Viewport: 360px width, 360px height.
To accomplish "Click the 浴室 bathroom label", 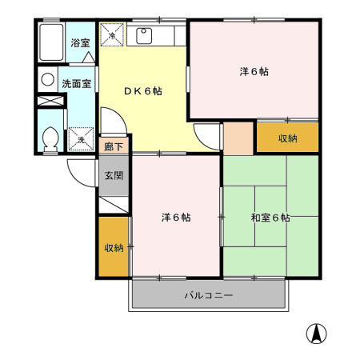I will point(79,43).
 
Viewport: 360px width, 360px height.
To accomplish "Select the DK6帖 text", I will point(142,91).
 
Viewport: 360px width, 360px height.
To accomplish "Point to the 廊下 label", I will point(113,147).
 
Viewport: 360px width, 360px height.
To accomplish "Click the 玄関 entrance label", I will point(113,175).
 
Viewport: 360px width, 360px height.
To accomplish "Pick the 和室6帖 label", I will point(270,217).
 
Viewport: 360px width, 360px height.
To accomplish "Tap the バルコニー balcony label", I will point(208,295).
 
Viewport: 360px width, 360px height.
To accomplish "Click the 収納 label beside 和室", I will point(287,138).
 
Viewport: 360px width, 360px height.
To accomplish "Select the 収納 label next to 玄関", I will point(113,247).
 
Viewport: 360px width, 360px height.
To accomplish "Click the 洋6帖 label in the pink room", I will point(254,71).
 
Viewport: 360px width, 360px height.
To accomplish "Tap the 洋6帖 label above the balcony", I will point(175,217).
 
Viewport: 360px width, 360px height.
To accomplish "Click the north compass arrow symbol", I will point(317,334).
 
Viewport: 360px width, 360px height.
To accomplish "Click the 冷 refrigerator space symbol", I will point(113,34).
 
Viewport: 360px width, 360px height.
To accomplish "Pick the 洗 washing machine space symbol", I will point(82,138).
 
